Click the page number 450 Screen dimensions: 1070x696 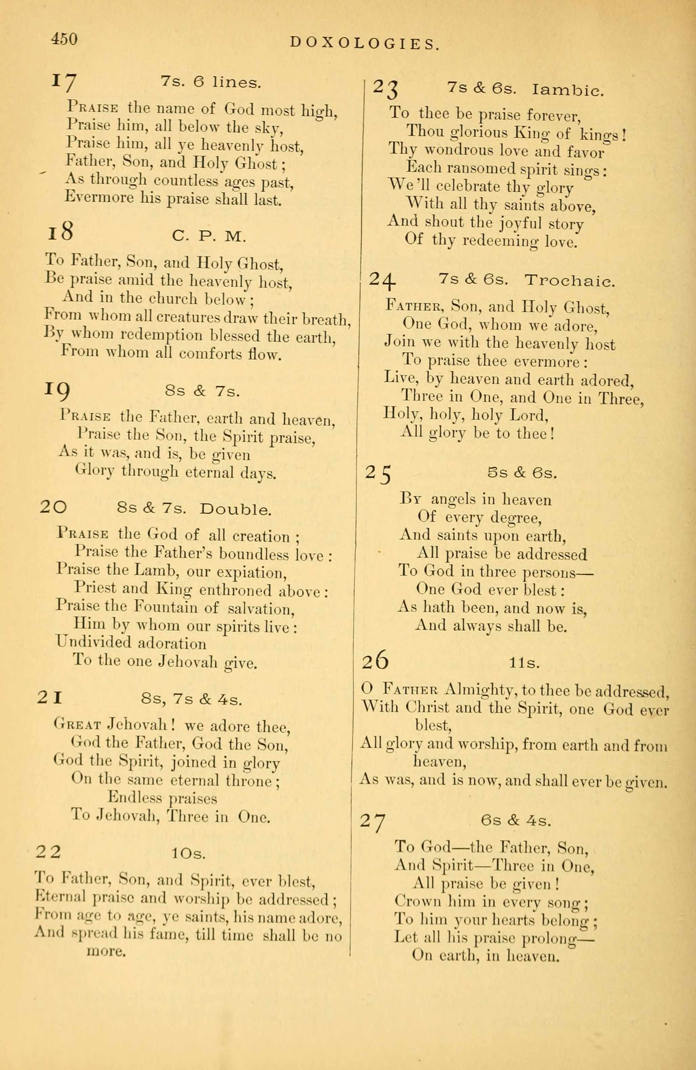[65, 40]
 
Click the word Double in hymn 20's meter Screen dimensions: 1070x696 [236, 510]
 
